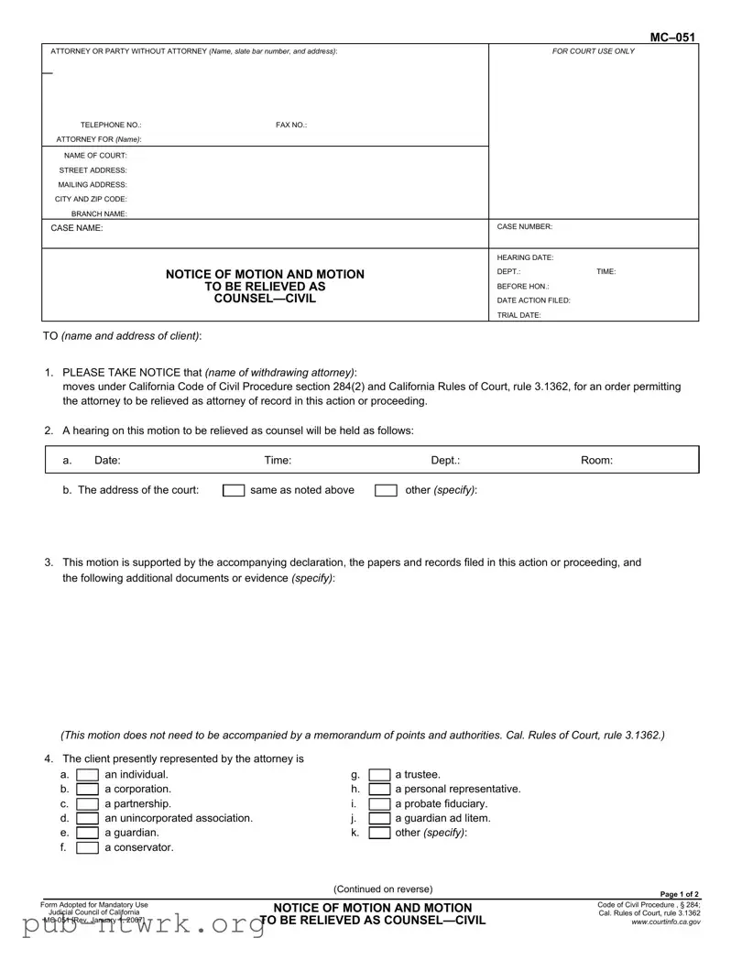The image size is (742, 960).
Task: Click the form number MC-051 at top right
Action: [x=672, y=38]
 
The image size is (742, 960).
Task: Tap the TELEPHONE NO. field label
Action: [x=111, y=125]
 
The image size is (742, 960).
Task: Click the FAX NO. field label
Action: [x=291, y=125]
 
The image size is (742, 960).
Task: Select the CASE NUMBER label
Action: [x=524, y=226]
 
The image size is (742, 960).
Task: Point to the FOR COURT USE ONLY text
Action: [x=593, y=51]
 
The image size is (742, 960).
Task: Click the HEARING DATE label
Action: [x=525, y=257]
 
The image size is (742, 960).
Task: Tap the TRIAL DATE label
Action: [x=518, y=315]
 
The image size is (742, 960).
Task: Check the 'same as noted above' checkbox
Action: [x=234, y=490]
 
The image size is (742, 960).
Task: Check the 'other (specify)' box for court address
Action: [x=386, y=490]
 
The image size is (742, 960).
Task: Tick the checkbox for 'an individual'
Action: [x=87, y=775]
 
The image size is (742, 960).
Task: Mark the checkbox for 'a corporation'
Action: [x=87, y=790]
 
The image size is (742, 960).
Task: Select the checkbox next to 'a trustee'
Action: [x=379, y=775]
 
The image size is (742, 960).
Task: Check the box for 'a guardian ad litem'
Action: [x=379, y=819]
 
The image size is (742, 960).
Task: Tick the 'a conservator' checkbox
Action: [x=87, y=848]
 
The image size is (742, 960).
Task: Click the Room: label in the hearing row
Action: [x=596, y=461]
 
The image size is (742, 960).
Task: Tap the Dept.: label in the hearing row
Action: [x=445, y=461]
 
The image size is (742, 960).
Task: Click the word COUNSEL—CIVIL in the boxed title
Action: [x=265, y=299]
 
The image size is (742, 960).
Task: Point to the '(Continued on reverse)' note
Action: [x=383, y=889]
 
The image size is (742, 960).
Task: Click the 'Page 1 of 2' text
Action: [x=680, y=895]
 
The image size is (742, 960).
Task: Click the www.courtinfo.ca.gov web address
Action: [x=666, y=922]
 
